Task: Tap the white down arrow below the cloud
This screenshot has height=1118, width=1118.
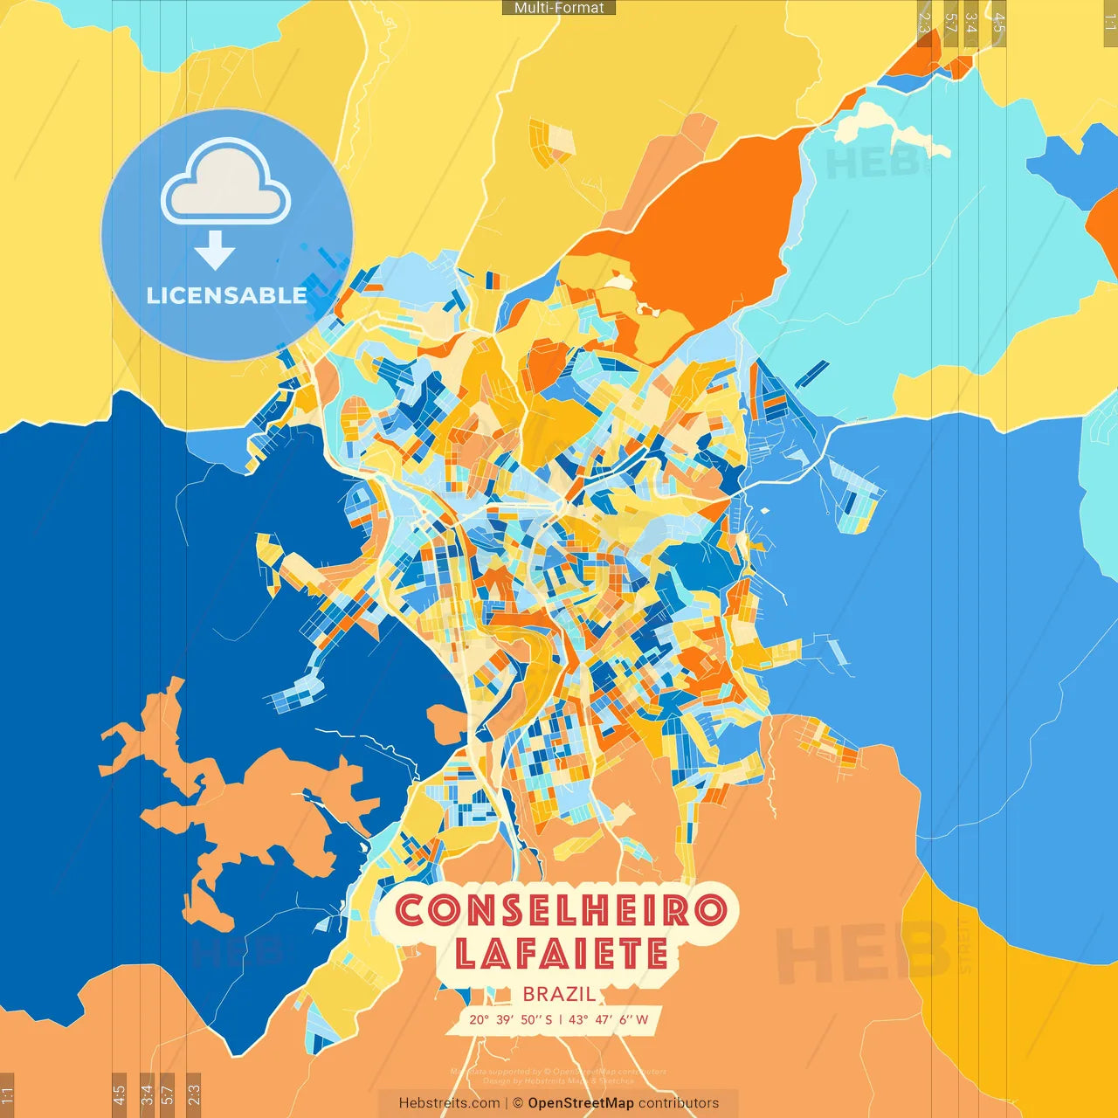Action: point(215,251)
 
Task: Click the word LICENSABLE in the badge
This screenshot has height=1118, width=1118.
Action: point(226,295)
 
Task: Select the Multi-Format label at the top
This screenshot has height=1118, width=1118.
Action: point(559,8)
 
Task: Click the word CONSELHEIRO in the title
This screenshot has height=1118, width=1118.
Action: point(560,911)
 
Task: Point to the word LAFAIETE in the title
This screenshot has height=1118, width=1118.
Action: point(561,953)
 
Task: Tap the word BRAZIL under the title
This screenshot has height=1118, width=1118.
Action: point(559,994)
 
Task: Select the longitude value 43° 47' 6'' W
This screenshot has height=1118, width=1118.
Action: point(609,1019)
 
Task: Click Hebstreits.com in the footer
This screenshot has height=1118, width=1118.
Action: point(449,1103)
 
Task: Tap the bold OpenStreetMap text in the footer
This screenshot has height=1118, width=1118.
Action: point(580,1103)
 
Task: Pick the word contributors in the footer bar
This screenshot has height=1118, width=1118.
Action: point(679,1103)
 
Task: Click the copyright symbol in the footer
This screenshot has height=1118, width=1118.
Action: point(517,1103)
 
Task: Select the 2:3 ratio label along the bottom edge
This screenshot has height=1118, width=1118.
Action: point(194,1094)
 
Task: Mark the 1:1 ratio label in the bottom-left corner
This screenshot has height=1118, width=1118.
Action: point(7,1094)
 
